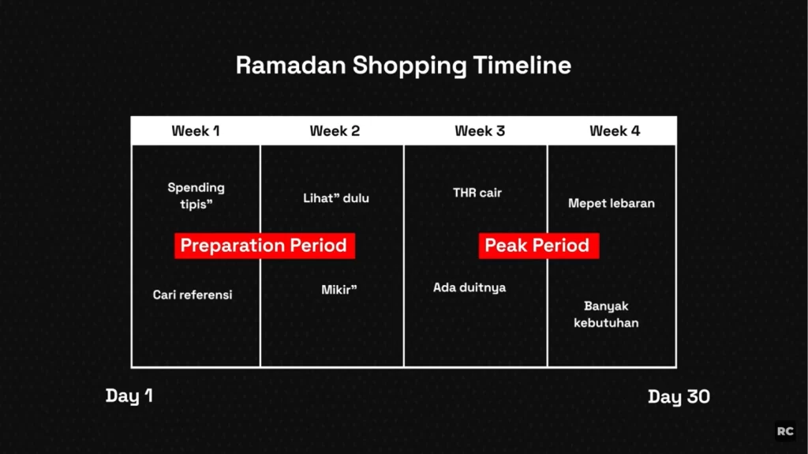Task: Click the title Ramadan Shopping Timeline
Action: click(403, 66)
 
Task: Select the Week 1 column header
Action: click(196, 131)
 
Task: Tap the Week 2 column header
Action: click(335, 131)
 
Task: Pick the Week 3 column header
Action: click(480, 131)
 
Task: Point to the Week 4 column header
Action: click(615, 131)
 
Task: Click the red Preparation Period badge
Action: click(264, 246)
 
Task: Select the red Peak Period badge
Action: click(538, 246)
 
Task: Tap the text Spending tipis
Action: click(196, 196)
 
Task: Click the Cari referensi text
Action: click(193, 295)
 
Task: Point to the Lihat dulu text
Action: click(336, 198)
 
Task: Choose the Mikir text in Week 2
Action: click(339, 290)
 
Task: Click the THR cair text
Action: click(477, 193)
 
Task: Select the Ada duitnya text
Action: click(469, 288)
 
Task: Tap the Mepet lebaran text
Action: click(612, 203)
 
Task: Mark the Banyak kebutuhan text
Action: click(606, 314)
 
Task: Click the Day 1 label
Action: click(129, 396)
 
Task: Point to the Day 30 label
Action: click(679, 396)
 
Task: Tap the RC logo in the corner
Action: click(785, 431)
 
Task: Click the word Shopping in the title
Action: click(410, 66)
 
